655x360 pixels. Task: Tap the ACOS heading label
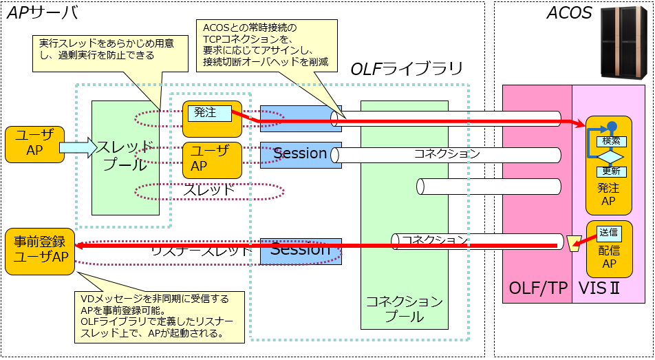(569, 12)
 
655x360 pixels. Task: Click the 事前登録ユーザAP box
(40, 249)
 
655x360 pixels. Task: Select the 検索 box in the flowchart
(610, 140)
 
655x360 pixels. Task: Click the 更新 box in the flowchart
(610, 171)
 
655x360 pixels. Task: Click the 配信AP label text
(608, 255)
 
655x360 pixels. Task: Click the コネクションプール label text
(404, 309)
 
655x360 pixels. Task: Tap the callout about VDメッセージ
(160, 316)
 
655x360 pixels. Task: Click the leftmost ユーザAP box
(34, 144)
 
